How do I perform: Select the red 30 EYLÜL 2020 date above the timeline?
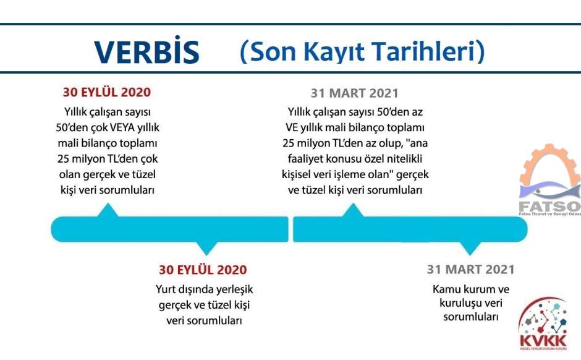pos(107,92)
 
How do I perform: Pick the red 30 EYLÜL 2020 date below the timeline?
pos(203,270)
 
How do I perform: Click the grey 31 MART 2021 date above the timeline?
pos(355,93)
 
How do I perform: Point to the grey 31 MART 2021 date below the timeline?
pos(470,269)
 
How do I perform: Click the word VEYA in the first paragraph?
pos(122,127)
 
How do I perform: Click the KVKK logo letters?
pos(543,341)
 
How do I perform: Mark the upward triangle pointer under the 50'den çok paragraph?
pos(108,210)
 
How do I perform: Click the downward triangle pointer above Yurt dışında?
pos(206,249)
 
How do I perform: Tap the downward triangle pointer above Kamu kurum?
pos(470,249)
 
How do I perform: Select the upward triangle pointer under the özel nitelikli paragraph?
pos(353,210)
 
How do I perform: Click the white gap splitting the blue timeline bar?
pos(291,229)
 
